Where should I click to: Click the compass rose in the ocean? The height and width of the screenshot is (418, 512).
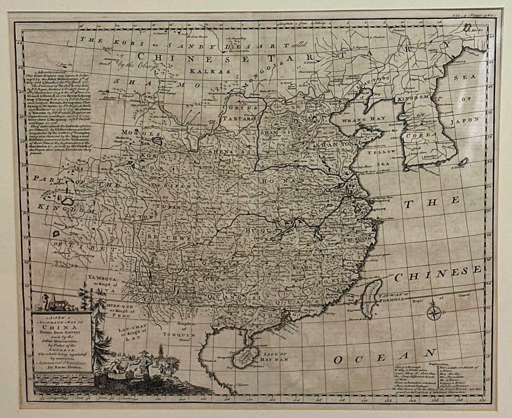433,311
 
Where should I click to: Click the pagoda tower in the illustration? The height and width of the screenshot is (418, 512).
135,353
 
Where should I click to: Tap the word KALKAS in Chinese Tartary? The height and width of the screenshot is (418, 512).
203,72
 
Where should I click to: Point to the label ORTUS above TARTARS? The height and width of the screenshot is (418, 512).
244,109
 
